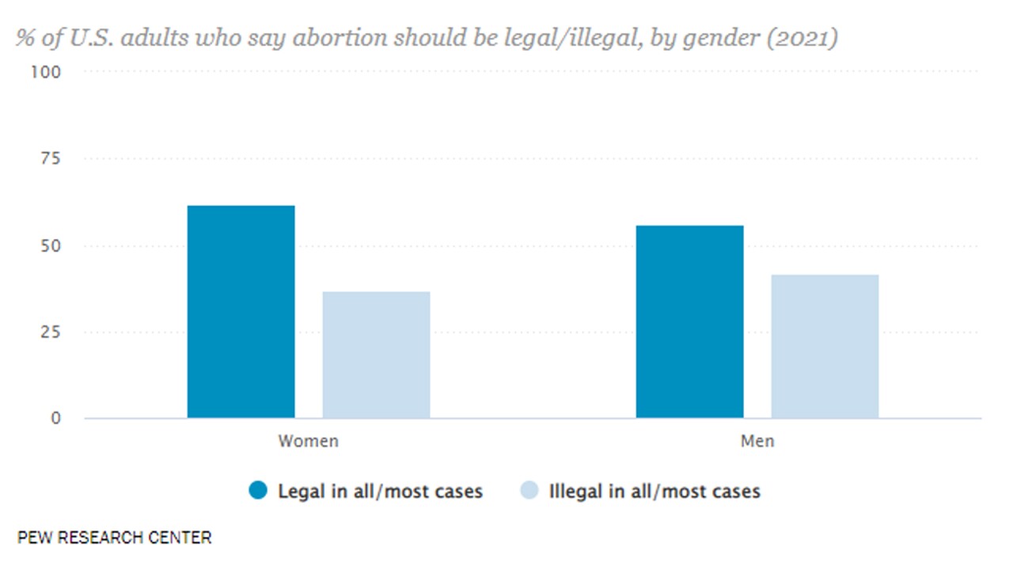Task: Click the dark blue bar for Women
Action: (241, 312)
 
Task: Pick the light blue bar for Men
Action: (825, 346)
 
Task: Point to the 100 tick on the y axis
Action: (46, 72)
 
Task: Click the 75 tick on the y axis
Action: (50, 158)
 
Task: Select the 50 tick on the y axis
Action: (50, 245)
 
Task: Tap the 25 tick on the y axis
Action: (50, 332)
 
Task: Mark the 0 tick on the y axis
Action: (55, 418)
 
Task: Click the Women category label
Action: (308, 441)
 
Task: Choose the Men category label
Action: (757, 441)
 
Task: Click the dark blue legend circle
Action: (259, 491)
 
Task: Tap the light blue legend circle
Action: (529, 491)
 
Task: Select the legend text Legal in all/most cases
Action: (380, 491)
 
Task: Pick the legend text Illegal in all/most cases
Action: (654, 491)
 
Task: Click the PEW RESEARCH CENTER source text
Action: (114, 538)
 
